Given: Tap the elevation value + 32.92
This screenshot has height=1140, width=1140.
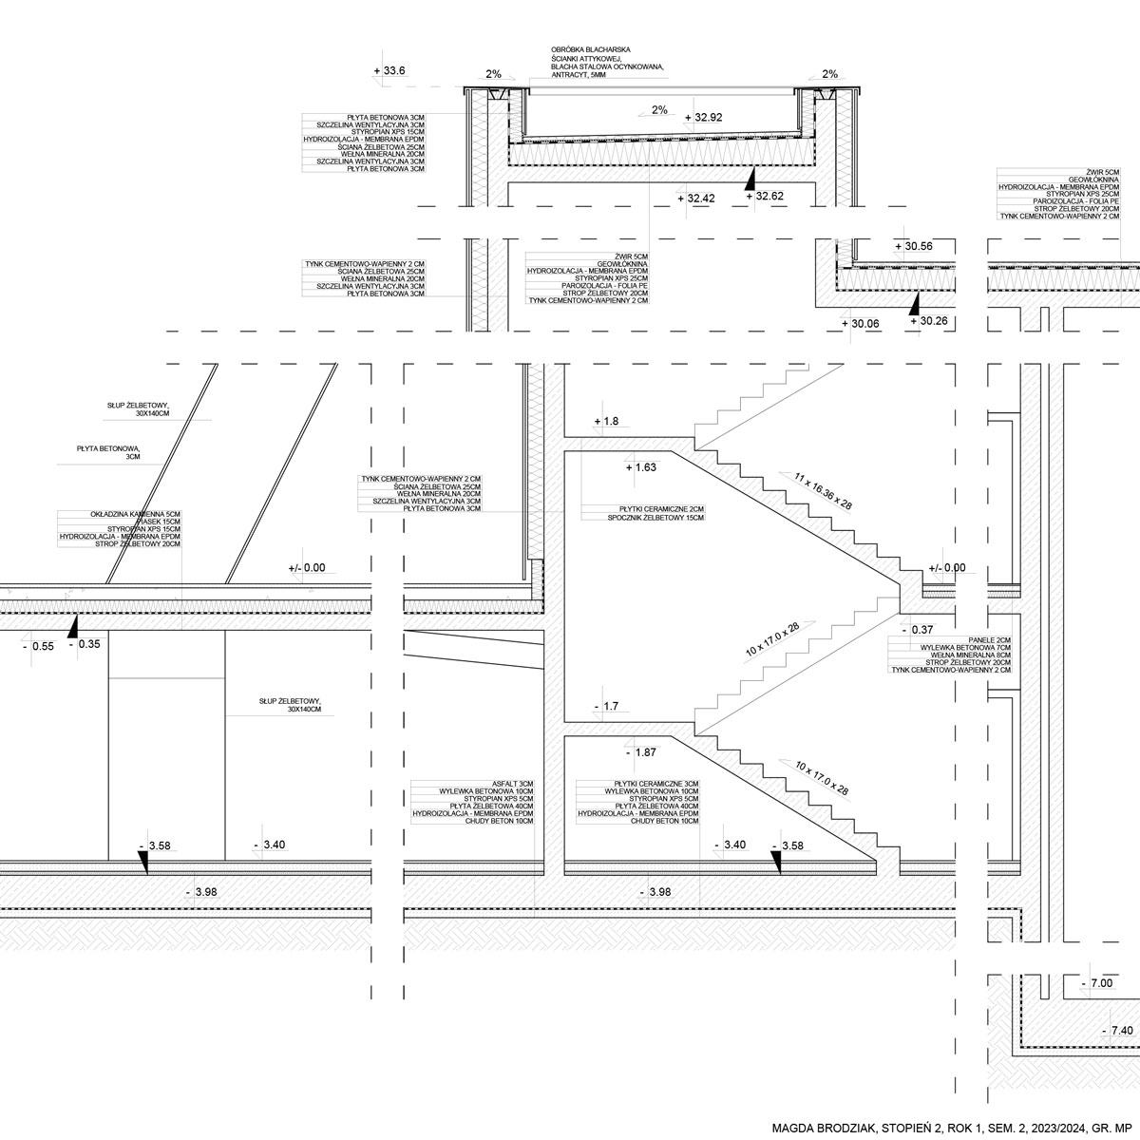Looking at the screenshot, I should pyautogui.click(x=704, y=118).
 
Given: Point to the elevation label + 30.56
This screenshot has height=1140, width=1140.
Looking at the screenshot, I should pyautogui.click(x=914, y=246).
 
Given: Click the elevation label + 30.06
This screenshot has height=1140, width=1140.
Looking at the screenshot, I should pyautogui.click(x=862, y=323).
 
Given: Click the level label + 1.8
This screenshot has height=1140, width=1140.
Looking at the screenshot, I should pyautogui.click(x=606, y=421).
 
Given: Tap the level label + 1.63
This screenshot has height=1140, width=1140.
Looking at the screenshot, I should pyautogui.click(x=642, y=467).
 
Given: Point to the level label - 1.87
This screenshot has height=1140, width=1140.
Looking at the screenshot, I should pyautogui.click(x=642, y=752).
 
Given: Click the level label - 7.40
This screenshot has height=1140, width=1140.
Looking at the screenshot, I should pyautogui.click(x=1115, y=1030).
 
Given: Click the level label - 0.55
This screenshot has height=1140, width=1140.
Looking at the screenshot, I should pyautogui.click(x=38, y=646).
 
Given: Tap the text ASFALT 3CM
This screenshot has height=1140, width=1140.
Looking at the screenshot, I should pyautogui.click(x=513, y=784).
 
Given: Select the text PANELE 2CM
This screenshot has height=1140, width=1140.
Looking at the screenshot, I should pyautogui.click(x=990, y=639).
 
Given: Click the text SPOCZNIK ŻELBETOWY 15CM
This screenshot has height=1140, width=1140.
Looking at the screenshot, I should pyautogui.click(x=655, y=518).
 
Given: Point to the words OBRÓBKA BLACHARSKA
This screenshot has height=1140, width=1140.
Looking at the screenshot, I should pyautogui.click(x=590, y=49).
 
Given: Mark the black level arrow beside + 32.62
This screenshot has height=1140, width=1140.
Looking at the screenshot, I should pyautogui.click(x=750, y=178).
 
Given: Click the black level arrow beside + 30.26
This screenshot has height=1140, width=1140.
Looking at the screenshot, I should pyautogui.click(x=914, y=304).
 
